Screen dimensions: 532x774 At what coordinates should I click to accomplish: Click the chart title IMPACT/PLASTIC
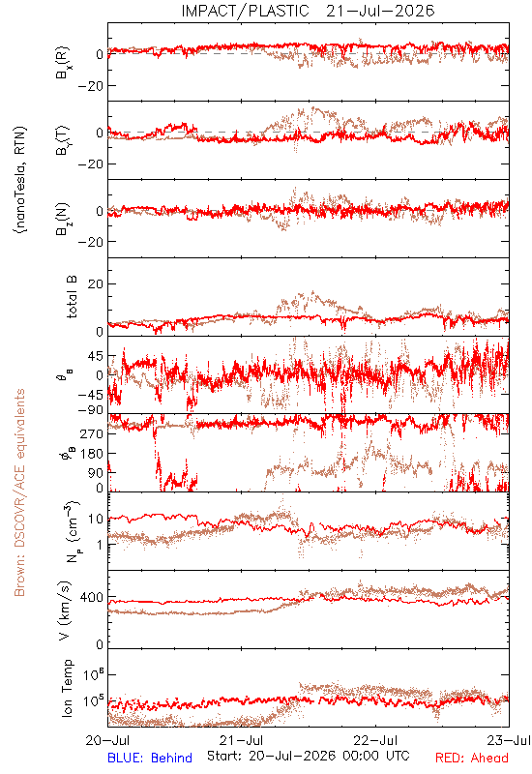point(246,11)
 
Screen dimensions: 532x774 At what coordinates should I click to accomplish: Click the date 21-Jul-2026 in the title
point(380,11)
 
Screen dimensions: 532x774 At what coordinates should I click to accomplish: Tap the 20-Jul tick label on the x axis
point(107,740)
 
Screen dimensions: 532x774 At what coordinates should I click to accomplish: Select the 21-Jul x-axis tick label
point(241,740)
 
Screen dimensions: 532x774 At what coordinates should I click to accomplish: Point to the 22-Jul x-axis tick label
point(375,740)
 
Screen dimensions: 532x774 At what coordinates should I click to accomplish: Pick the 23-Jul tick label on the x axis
point(509,740)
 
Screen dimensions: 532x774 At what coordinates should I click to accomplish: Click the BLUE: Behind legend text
point(150,758)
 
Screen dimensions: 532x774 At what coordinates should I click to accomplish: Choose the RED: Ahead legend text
point(472,758)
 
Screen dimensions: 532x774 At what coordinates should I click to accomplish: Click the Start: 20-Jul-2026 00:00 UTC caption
point(309,756)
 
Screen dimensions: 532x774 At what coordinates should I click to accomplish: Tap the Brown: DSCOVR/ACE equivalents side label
point(19,492)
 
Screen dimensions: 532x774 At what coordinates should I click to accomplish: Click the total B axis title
point(72,297)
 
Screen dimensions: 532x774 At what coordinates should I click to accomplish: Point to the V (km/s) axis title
point(65,610)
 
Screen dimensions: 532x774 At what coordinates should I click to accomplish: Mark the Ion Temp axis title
point(67,688)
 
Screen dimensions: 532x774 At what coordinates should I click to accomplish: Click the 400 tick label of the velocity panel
point(92,598)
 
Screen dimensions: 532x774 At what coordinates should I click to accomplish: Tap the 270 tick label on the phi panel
point(93,433)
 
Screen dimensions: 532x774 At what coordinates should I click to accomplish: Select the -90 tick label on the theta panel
point(91,410)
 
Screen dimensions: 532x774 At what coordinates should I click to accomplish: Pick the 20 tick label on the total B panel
point(96,283)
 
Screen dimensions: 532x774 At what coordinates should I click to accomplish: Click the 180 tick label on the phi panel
point(93,453)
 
